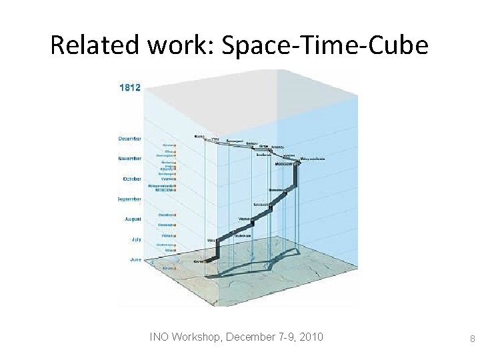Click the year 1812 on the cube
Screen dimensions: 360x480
click(130, 88)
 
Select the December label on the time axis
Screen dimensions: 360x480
click(130, 139)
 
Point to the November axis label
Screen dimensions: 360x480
click(130, 159)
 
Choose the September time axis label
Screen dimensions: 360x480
click(129, 199)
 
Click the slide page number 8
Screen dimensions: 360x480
click(472, 339)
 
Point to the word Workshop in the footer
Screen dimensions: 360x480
click(197, 337)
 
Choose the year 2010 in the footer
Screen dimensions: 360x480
click(311, 337)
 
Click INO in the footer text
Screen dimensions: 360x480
click(159, 337)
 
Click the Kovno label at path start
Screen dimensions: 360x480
click(198, 262)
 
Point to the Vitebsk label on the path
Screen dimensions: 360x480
click(245, 218)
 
